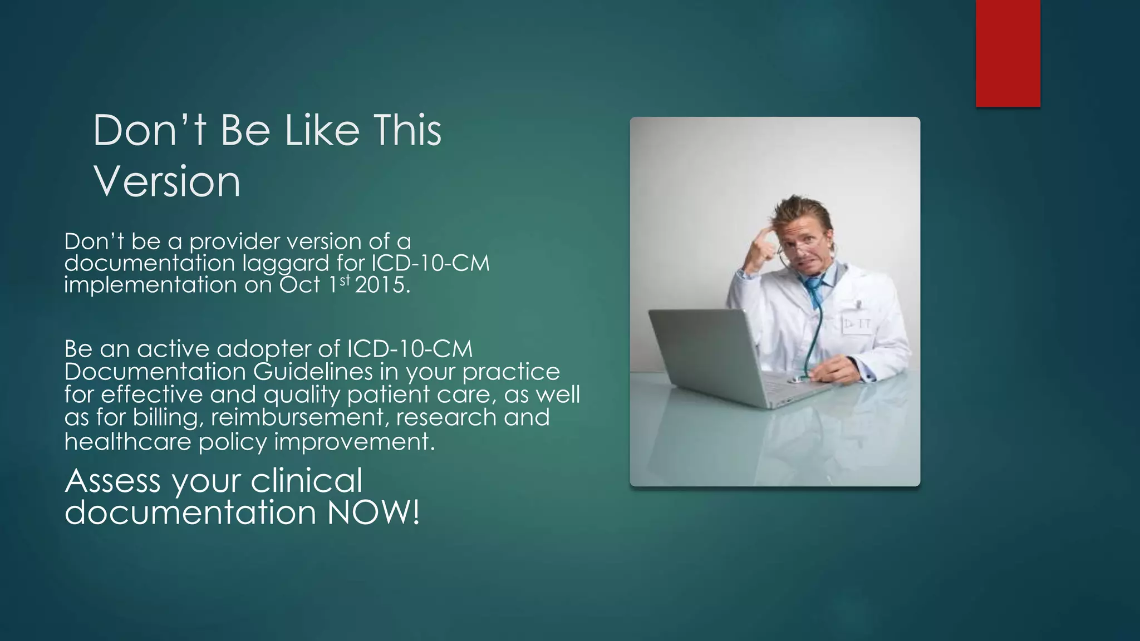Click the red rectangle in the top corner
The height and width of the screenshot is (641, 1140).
(x=1008, y=53)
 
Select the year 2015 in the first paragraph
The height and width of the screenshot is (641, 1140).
(x=381, y=285)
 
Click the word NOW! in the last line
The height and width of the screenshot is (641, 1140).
(x=373, y=512)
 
